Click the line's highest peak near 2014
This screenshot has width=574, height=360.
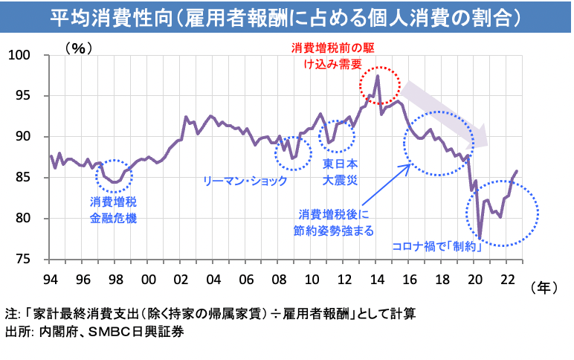click(x=378, y=76)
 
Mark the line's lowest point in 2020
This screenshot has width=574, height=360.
click(x=480, y=239)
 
